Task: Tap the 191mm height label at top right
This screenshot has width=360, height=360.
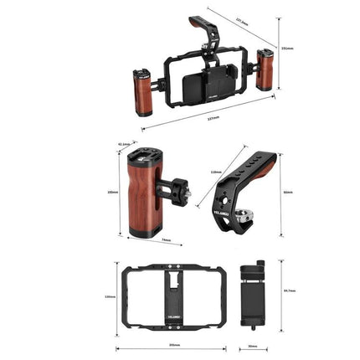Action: (287, 48)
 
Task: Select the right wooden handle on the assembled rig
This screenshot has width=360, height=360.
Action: (265, 71)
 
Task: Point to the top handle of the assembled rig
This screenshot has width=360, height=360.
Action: (201, 28)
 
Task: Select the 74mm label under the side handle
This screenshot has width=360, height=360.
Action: (166, 242)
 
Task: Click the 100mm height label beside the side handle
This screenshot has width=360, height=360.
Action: (113, 192)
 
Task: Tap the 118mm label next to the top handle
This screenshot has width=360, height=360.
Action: (216, 172)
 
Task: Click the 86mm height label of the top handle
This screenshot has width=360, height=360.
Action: (289, 193)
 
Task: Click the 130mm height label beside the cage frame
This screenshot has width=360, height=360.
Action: (109, 297)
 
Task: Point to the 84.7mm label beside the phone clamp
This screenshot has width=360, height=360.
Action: (290, 291)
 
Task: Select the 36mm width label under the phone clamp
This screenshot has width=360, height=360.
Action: (252, 346)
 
